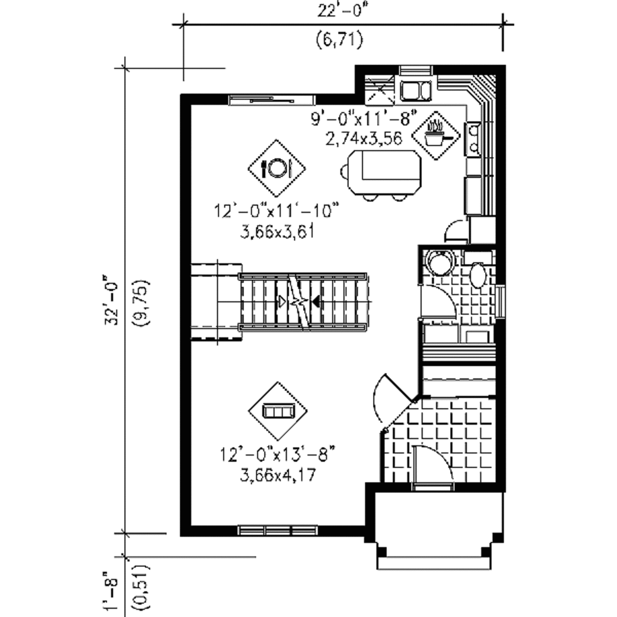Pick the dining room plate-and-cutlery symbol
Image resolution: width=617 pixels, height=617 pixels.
[277, 168]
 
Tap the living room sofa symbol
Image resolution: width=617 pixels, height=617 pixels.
[277, 411]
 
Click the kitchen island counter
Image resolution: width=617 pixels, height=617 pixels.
[382, 172]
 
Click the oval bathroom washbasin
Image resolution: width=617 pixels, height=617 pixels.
[479, 275]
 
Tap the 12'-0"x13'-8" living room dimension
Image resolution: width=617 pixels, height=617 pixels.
[277, 453]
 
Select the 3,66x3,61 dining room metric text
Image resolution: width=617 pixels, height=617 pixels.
[277, 232]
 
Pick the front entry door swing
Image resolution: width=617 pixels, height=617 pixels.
[432, 463]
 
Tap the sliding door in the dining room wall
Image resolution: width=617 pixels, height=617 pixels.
[271, 100]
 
